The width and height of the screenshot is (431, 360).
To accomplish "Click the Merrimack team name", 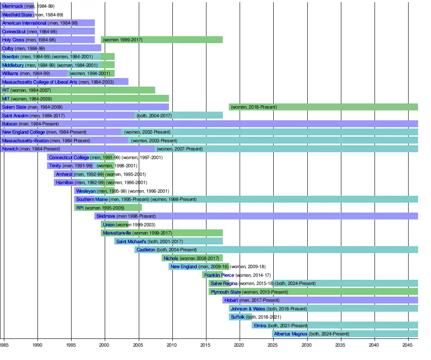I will pos(12,6).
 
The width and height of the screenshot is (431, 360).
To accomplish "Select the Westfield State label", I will pos(17,15).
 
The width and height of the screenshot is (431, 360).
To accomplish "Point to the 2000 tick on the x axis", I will pos(105,345).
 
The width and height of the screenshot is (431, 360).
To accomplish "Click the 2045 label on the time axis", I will pos(408,345).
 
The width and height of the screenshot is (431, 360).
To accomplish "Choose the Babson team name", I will pos(10,124).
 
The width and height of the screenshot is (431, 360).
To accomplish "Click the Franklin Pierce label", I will pos(219,275).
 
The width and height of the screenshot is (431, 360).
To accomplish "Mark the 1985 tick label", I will pos(4,345).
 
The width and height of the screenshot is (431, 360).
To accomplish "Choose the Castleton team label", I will pos(146,250).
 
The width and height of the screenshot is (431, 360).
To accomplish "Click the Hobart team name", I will pos(231,300).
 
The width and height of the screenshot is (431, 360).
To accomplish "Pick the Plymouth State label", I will pos(226,292).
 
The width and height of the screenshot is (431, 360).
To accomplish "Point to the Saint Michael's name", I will pos(131,241).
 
